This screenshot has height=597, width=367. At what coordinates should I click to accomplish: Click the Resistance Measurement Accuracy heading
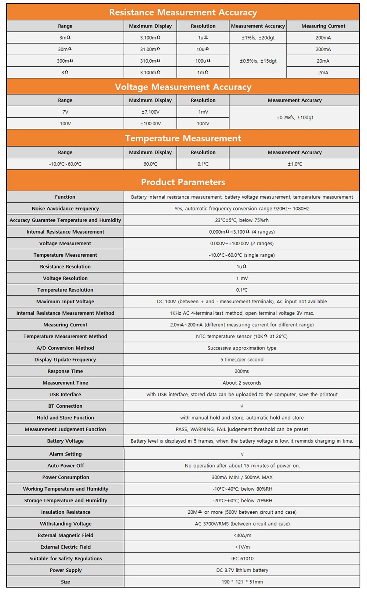tap(183, 12)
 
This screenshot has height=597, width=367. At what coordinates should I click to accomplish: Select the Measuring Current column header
tap(323, 26)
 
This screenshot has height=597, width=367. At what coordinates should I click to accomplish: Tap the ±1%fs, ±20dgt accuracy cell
tap(258, 37)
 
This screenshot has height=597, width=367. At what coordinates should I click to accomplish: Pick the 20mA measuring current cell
tap(323, 61)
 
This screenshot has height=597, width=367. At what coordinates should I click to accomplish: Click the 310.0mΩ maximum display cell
tap(150, 61)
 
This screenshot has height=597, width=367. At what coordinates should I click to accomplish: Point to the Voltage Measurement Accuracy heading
tap(183, 87)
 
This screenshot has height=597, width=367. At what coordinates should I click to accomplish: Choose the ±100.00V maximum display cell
tap(150, 124)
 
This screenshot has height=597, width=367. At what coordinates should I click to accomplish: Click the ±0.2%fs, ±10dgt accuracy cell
tap(294, 118)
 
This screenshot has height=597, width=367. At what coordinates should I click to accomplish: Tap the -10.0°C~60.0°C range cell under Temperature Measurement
tap(65, 164)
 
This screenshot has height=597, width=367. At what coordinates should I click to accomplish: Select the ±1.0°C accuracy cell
tap(294, 164)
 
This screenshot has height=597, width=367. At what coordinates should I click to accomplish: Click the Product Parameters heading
tap(183, 182)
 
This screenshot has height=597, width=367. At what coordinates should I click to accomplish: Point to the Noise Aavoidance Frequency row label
tap(65, 209)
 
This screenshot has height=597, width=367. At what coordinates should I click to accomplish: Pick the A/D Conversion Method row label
tap(65, 348)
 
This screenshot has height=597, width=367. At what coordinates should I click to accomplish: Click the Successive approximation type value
tap(241, 348)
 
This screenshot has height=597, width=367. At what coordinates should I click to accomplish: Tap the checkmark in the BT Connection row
tap(241, 406)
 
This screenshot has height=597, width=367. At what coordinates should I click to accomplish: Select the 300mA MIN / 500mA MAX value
tap(242, 477)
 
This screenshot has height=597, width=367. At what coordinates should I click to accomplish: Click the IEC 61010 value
tap(242, 558)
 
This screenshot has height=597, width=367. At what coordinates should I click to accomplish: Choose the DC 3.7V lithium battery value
tap(242, 570)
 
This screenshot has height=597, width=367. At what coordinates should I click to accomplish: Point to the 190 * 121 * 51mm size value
tap(242, 582)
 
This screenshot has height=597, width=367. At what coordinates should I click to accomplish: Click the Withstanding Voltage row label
tap(65, 524)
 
